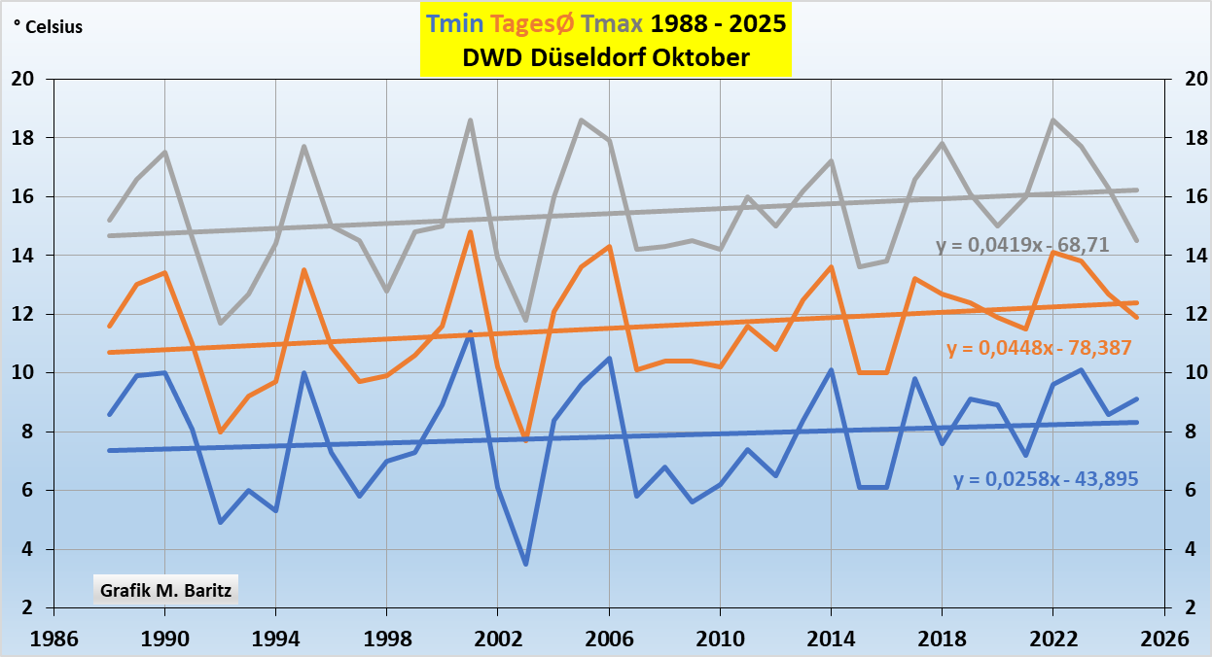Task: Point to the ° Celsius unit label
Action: pyautogui.click(x=48, y=27)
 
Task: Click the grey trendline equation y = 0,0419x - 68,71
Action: pyautogui.click(x=1022, y=245)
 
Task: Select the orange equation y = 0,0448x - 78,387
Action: pyautogui.click(x=1038, y=347)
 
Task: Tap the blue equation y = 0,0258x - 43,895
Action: pyautogui.click(x=1046, y=479)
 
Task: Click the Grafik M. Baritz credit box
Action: pyautogui.click(x=165, y=589)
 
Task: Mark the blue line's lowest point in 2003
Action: pyautogui.click(x=525, y=564)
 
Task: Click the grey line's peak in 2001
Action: pyautogui.click(x=470, y=121)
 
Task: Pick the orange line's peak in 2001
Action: pyautogui.click(x=470, y=232)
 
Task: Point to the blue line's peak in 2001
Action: pyautogui.click(x=470, y=332)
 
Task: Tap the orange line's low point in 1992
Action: pyautogui.click(x=220, y=432)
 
